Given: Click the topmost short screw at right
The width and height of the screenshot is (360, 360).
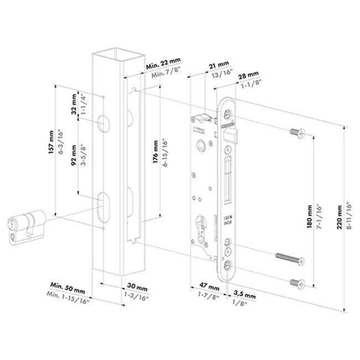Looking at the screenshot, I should pyautogui.click(x=296, y=132).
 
